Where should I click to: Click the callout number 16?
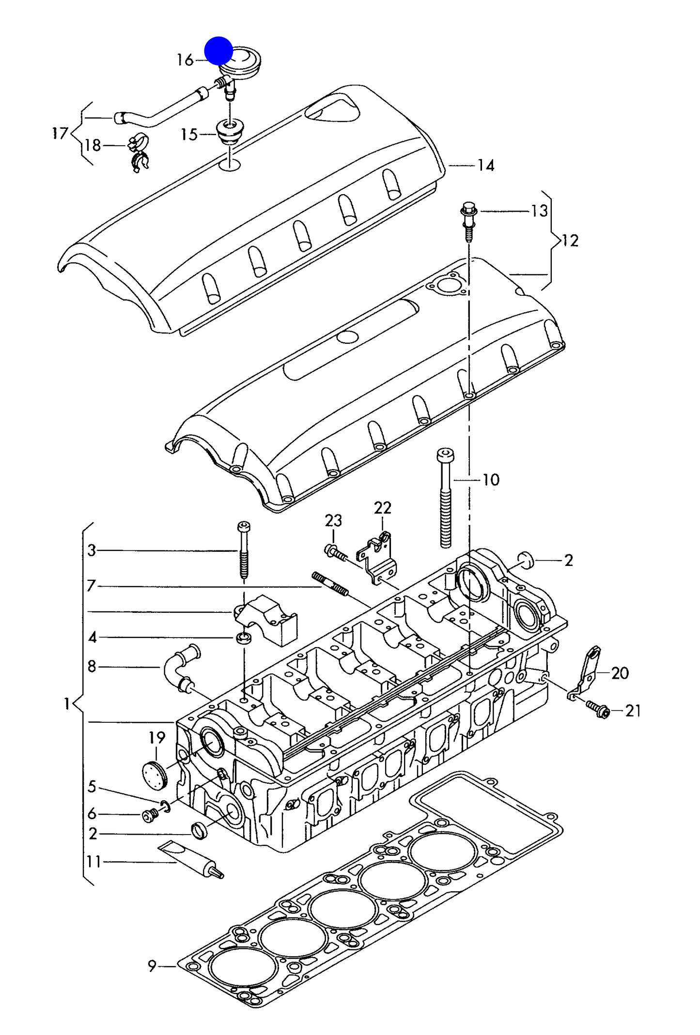pos(185,60)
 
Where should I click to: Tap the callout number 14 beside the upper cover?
pos(486,166)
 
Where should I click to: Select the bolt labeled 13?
pos(468,222)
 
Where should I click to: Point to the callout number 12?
pos(570,241)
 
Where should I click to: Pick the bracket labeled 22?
pos(378,559)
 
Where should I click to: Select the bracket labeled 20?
pos(587,673)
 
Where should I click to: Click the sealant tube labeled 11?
pos(191,860)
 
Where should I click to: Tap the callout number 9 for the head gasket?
pos(152,966)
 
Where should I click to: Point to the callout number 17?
pos(60,133)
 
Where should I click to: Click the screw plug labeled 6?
pos(150,816)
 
